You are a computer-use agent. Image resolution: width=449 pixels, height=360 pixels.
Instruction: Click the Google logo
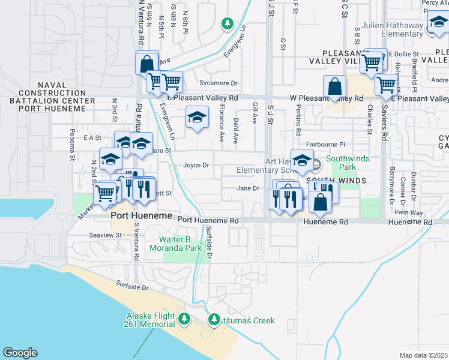point(20,353)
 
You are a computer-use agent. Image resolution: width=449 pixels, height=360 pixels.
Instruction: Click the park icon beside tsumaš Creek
point(213,320)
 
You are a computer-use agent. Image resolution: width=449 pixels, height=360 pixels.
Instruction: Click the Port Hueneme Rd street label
point(208,221)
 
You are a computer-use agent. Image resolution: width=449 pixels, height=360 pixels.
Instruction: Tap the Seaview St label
point(105,235)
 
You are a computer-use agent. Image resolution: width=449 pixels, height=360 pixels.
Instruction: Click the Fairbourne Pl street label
point(326,145)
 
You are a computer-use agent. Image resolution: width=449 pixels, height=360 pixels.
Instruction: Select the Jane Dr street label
point(247,188)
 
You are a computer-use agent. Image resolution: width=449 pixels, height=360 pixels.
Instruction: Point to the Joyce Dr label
point(196,165)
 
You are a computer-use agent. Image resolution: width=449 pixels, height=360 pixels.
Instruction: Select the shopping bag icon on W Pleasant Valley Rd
point(334,87)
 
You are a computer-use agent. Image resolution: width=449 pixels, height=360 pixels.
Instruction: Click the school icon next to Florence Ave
point(196,118)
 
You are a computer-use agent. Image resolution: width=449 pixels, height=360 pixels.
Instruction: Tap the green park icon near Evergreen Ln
point(227,23)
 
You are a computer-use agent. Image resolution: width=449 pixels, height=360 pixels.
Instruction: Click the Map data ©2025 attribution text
point(423,355)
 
